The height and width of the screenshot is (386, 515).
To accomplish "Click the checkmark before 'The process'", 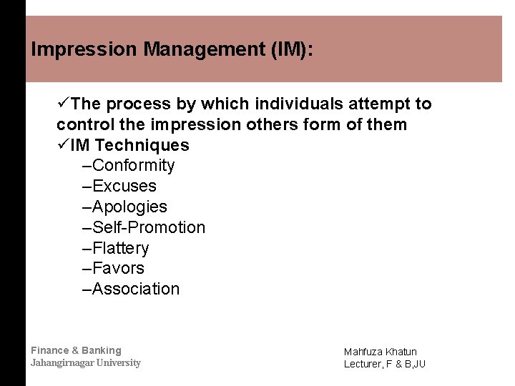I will tap(64, 104).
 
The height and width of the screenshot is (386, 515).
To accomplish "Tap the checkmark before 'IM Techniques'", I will tap(64, 146).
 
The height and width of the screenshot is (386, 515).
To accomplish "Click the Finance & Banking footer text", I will tap(76, 350).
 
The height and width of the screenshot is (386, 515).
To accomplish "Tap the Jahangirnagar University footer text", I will tap(85, 363).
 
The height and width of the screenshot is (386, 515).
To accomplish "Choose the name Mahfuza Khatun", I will tap(380, 352).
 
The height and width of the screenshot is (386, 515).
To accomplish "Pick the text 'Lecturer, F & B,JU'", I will tap(384, 364).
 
